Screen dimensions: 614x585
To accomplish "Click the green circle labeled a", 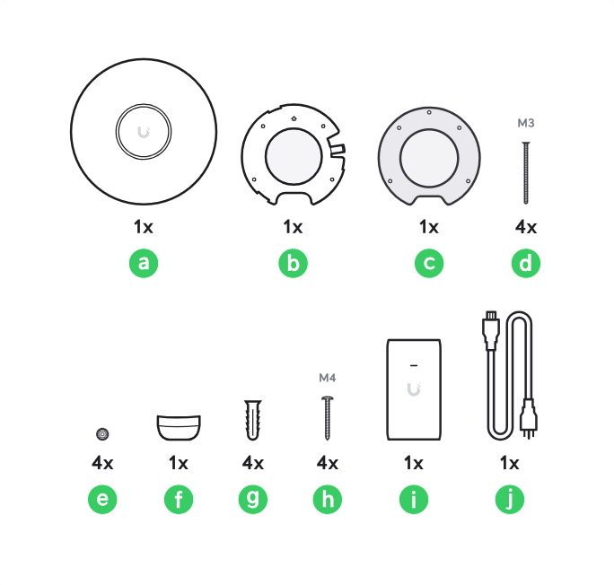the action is point(144,263).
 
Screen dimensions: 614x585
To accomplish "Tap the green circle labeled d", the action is point(525,263).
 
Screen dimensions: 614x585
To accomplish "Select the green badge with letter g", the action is point(253,499).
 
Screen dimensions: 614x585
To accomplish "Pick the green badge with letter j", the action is point(510,499).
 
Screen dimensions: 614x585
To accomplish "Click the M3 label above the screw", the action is point(525,123).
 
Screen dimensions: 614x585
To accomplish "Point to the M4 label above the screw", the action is point(328,378).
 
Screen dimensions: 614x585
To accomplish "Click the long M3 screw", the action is point(526,172).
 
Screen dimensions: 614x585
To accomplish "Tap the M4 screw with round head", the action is point(328,418).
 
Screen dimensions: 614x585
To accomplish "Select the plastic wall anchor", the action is point(253,420).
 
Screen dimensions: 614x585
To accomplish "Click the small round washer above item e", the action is point(102,434).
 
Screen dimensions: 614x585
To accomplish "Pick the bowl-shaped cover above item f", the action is point(179,427).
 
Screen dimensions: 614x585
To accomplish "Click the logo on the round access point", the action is point(144,132).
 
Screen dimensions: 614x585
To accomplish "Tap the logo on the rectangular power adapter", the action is point(414,389).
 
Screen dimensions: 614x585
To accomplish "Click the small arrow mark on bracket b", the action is point(294,118).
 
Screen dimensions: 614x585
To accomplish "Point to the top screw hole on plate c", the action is point(429,112).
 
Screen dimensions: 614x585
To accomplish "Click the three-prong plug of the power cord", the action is point(529,419).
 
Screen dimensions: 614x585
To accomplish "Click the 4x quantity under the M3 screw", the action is point(525,227).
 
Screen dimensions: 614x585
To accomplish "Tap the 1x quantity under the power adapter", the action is point(414,463).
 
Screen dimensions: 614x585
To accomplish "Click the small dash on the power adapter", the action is point(414,365).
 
